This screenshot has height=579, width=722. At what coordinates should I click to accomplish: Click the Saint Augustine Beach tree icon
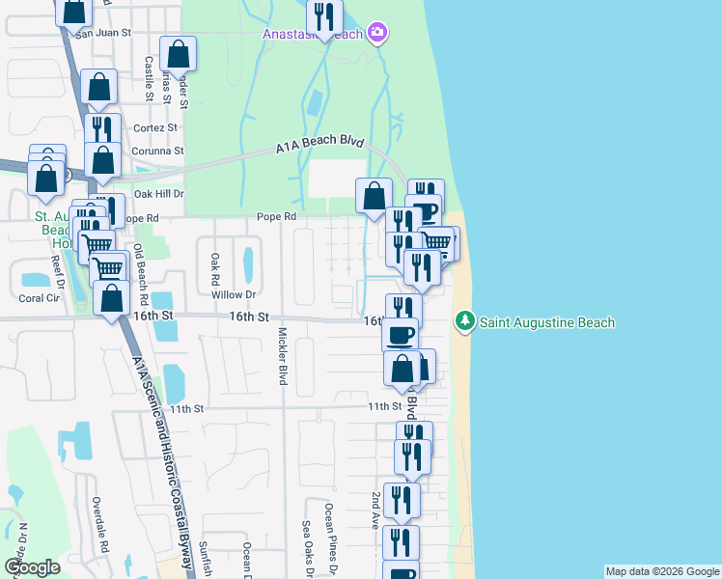pyautogui.click(x=465, y=319)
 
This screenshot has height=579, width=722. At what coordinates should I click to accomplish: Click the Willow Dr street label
pyautogui.click(x=236, y=294)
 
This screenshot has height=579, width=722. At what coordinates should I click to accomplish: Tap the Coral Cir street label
pyautogui.click(x=40, y=298)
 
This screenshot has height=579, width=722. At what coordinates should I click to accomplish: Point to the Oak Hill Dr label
pyautogui.click(x=158, y=193)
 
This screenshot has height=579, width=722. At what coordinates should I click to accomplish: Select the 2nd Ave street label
pyautogui.click(x=376, y=511)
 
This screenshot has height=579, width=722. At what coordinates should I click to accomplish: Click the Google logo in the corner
pyautogui.click(x=32, y=567)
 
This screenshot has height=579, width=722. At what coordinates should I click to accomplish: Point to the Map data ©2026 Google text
pyautogui.click(x=662, y=571)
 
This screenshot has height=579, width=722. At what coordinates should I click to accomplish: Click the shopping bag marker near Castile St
pyautogui.click(x=178, y=53)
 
